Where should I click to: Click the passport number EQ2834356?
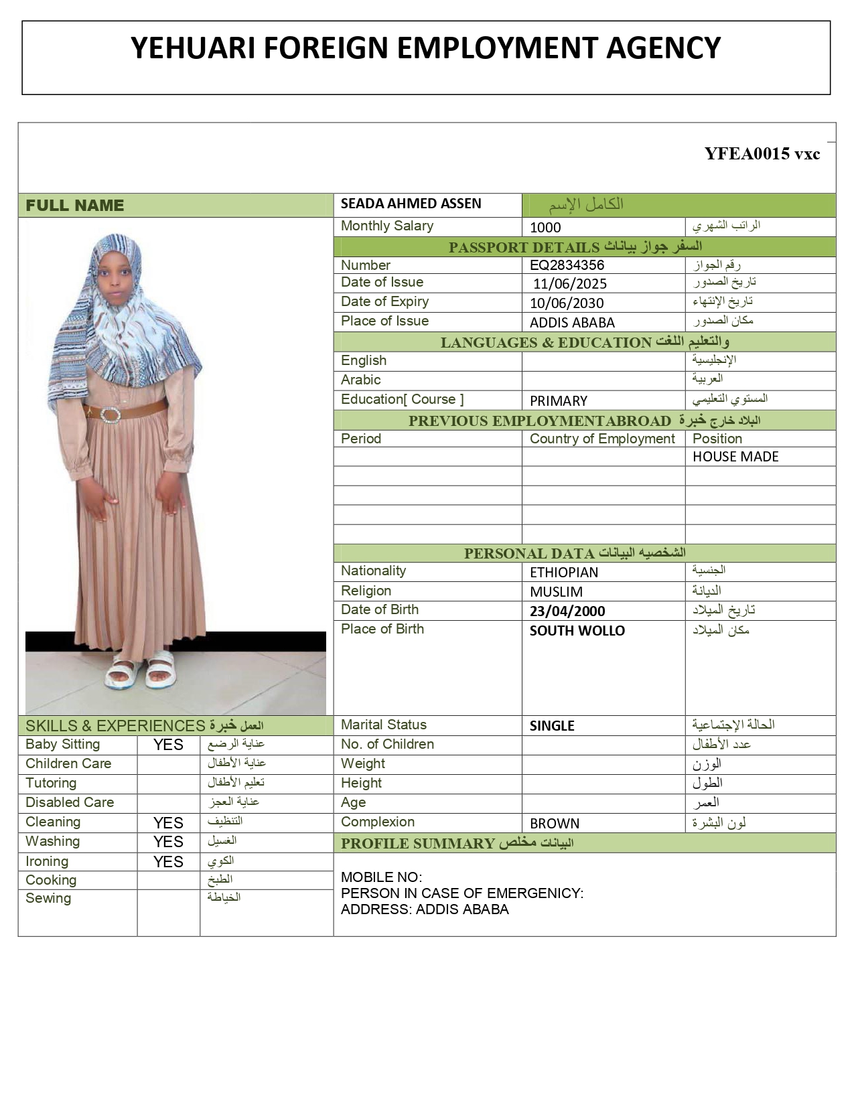pos(567,265)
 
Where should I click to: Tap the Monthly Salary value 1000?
pos(545,228)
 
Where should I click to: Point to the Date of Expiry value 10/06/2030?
pos(567,303)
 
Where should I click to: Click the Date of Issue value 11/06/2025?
pos(570,284)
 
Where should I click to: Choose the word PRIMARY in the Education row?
pos(558,401)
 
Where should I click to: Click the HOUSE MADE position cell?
pos(735,457)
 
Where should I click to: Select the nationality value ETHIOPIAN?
pos(563,573)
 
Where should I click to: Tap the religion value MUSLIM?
pos(556,592)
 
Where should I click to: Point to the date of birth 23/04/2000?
pos(567,611)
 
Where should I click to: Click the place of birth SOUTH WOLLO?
pos(577,631)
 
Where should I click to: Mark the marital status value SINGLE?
pos(552,726)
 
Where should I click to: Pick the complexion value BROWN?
pos(554,824)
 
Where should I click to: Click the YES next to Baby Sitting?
pos(168,745)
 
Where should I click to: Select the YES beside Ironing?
pos(168,863)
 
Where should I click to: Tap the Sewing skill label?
pos(48,899)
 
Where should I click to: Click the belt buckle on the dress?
pos(111,415)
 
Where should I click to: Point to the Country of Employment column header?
pos(602,439)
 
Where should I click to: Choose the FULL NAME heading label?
pos(75,206)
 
